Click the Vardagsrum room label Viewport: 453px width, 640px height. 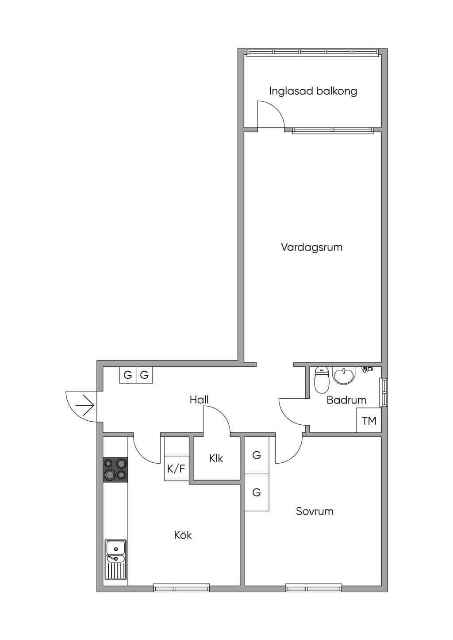coord(311,247)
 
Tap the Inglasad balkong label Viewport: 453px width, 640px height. coord(313,91)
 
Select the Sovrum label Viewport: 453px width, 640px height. coord(315,511)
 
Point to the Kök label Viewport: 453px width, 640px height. coord(183,535)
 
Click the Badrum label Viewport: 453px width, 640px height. coord(346,400)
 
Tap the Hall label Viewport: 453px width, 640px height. coord(199,400)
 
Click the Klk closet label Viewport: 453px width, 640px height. coord(216,459)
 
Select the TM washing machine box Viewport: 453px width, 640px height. coord(369,420)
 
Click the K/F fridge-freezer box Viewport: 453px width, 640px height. coord(177,468)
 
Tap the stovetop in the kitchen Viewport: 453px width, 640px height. coord(115,469)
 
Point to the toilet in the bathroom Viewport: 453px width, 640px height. coord(322,380)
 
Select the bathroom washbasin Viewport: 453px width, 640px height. coord(343,375)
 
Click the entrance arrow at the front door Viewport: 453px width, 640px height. coord(85,405)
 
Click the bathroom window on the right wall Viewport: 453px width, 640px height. coord(384,392)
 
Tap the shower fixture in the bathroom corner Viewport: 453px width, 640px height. coord(367,369)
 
